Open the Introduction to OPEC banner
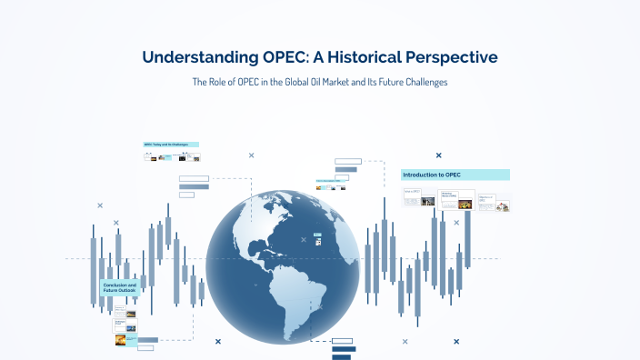tap(455, 175)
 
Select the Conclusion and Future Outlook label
tap(118, 288)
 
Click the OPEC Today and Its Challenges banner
tap(171, 145)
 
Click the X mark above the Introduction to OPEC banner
tap(438, 155)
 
